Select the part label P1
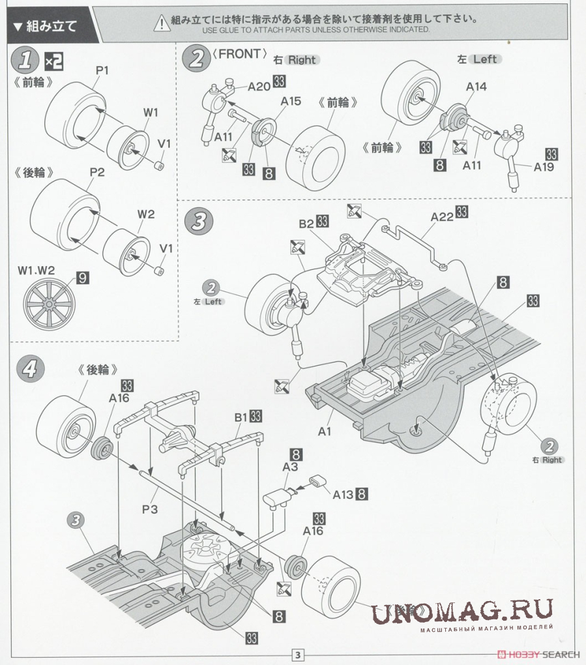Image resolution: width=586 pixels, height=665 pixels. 102,70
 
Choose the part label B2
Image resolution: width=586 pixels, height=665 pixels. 307,224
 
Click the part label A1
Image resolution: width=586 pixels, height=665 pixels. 325,431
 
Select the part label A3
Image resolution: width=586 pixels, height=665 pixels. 290,467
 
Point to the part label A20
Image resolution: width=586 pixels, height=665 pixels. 258,85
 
